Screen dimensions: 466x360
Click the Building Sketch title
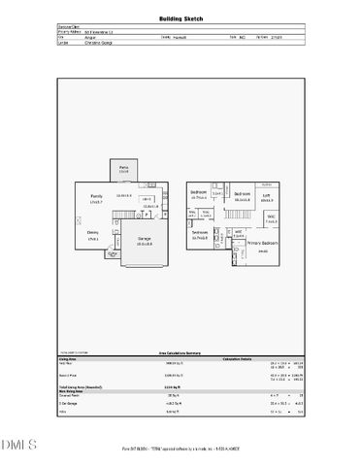coord(180,18)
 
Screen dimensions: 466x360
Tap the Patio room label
coord(124,168)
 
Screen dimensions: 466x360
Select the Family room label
coord(96,197)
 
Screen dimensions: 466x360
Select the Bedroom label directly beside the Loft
coord(242,192)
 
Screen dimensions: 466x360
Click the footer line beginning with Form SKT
coord(180,449)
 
